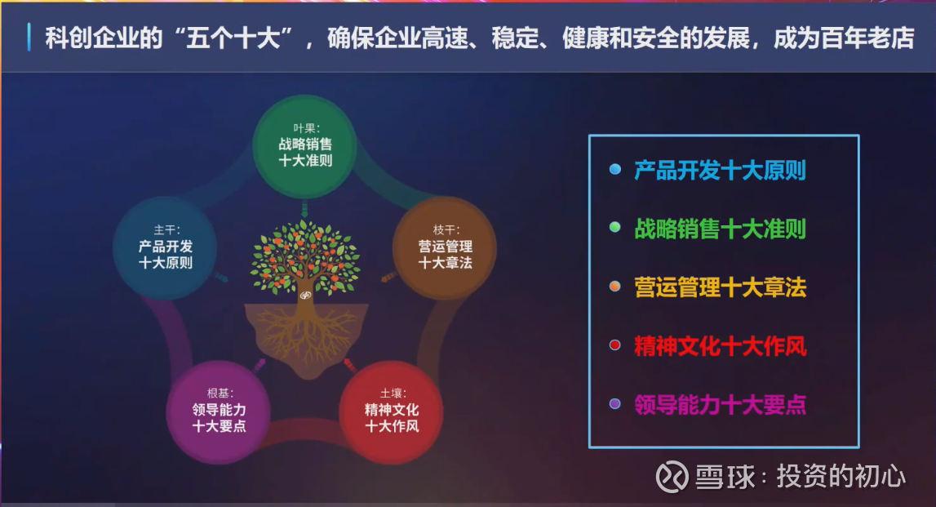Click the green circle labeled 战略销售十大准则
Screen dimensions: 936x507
point(304,146)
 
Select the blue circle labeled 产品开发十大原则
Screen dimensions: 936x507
point(165,248)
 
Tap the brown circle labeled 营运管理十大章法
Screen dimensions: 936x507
point(445,248)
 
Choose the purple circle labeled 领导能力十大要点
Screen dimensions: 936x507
point(219,412)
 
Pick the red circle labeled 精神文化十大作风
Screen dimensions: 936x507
point(391,412)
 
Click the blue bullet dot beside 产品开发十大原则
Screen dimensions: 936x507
point(614,170)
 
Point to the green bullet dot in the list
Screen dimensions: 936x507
point(614,228)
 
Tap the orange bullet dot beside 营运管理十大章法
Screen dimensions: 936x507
point(614,287)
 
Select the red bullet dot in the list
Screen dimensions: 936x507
point(614,345)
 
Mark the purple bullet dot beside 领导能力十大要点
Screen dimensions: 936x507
point(614,403)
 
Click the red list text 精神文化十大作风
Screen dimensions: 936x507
point(720,346)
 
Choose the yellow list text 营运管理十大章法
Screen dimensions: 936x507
point(720,288)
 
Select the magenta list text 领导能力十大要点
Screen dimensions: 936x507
point(720,405)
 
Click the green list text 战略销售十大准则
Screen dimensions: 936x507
point(720,229)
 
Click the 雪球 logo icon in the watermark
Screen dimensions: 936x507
point(672,477)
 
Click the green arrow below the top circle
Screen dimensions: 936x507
point(304,210)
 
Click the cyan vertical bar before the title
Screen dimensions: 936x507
point(29,37)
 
